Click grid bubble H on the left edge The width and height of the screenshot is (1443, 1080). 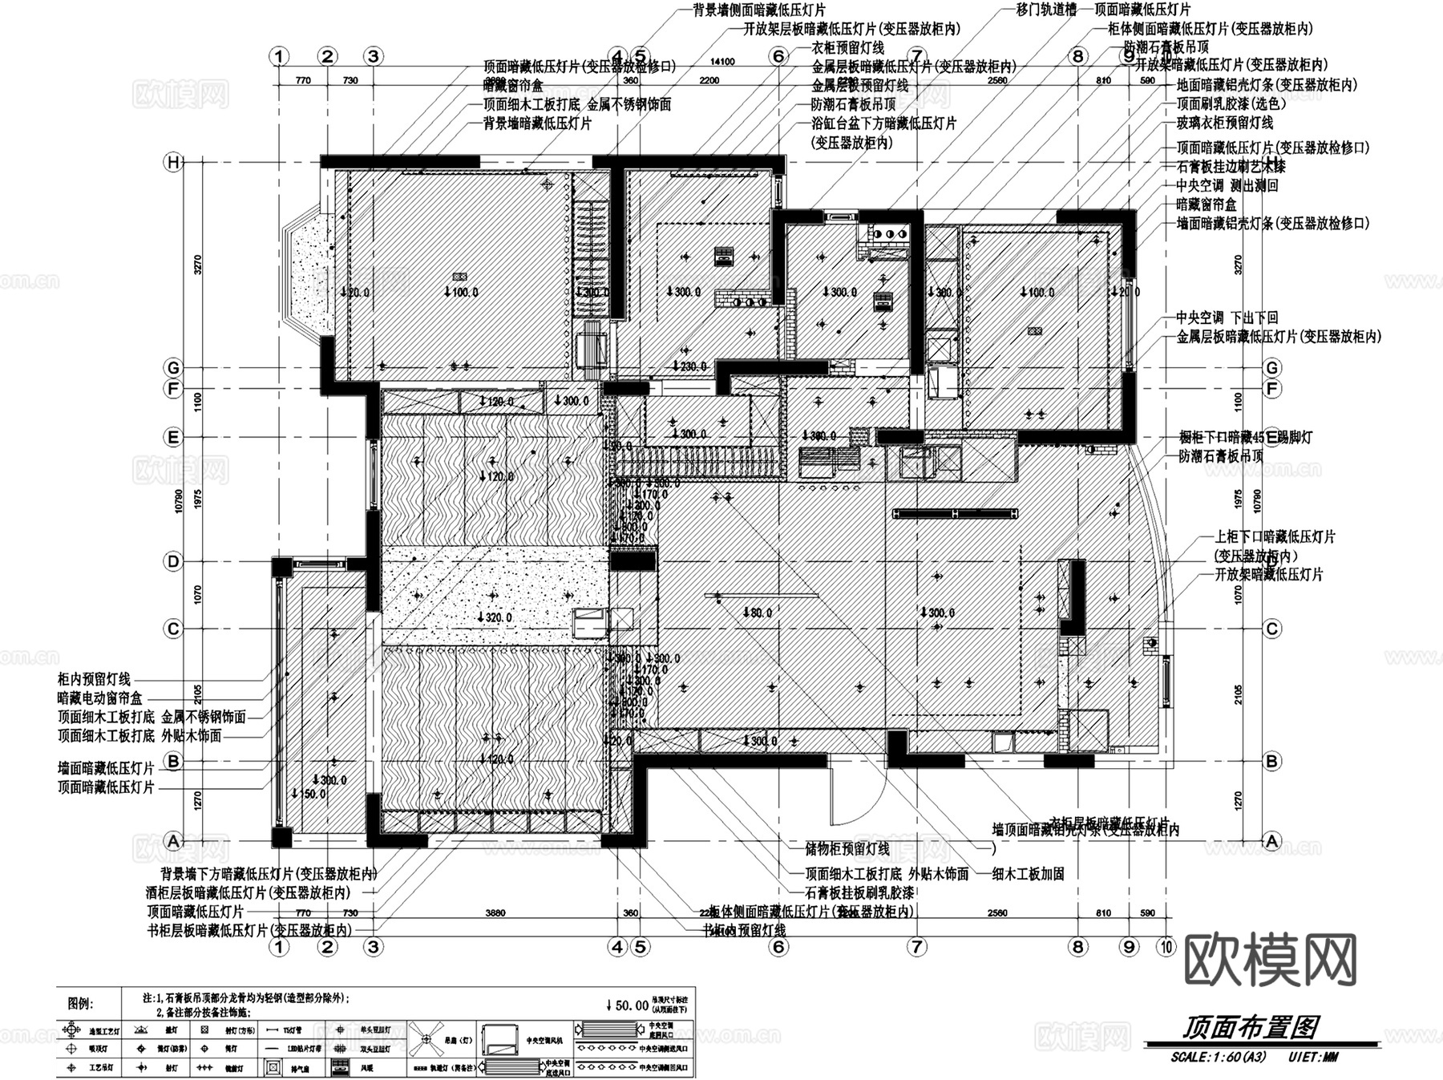point(173,163)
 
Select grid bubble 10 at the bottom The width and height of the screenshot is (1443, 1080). point(1165,947)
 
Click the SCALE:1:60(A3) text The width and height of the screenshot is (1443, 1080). point(1218,1057)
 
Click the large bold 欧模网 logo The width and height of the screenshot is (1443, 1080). point(1269,961)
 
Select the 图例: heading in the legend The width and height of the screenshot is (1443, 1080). point(80,1003)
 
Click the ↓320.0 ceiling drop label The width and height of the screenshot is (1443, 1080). point(494,617)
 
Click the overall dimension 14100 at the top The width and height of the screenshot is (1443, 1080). point(722,62)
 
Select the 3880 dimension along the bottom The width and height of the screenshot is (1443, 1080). point(495,912)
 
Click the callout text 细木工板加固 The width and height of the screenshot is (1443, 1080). point(1028,874)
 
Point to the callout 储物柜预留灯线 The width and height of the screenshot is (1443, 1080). point(847,849)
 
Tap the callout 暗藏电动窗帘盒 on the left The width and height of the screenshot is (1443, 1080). point(100,698)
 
